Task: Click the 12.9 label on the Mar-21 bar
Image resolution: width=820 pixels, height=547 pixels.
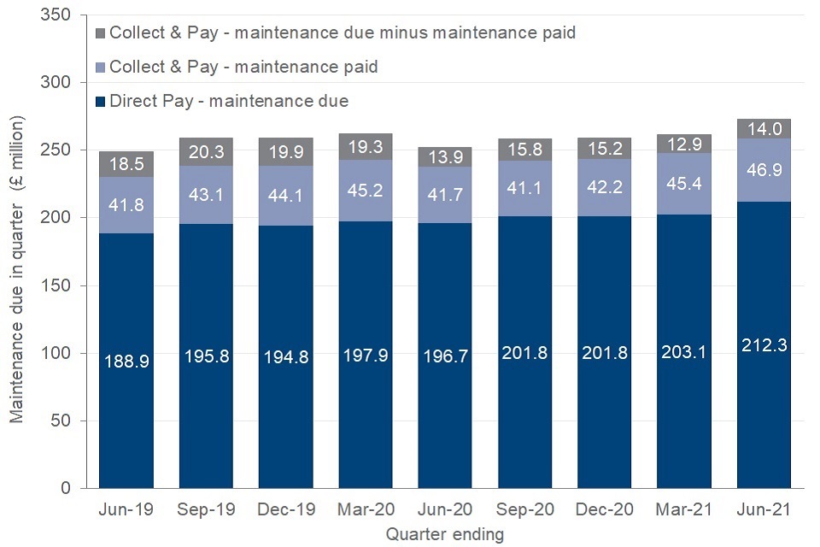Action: pyautogui.click(x=684, y=141)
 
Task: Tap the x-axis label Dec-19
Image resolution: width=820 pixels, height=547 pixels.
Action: pyautogui.click(x=286, y=510)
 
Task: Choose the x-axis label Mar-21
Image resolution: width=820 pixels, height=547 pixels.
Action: pyautogui.click(x=684, y=510)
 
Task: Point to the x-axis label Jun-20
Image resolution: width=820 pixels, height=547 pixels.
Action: pyautogui.click(x=445, y=510)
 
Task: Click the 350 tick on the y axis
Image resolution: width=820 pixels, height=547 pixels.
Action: pyautogui.click(x=61, y=15)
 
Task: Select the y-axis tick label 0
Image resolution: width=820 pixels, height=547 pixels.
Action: pyautogui.click(x=71, y=489)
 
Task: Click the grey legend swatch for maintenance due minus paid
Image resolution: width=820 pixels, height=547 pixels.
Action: pyautogui.click(x=99, y=33)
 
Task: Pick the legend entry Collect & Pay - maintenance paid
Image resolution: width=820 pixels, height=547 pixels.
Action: pyautogui.click(x=243, y=67)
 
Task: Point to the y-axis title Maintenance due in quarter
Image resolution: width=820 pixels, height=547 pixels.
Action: pyautogui.click(x=16, y=268)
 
